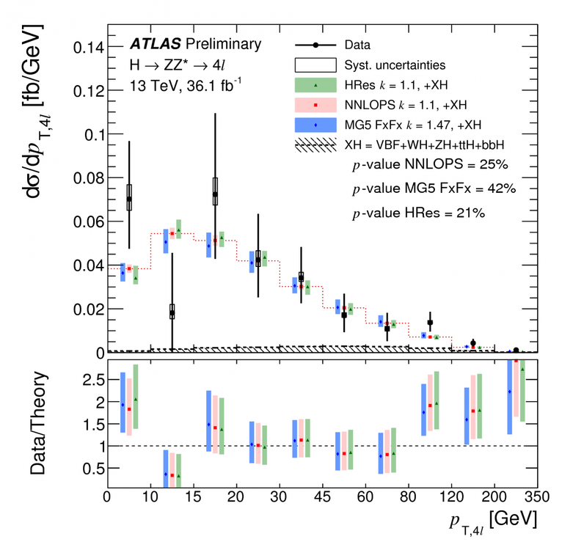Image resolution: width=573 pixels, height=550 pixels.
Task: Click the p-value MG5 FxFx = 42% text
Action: pos(434,189)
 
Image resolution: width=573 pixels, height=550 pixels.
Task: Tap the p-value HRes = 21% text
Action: pos(418,213)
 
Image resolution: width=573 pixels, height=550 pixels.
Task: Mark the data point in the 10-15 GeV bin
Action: pos(172,313)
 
